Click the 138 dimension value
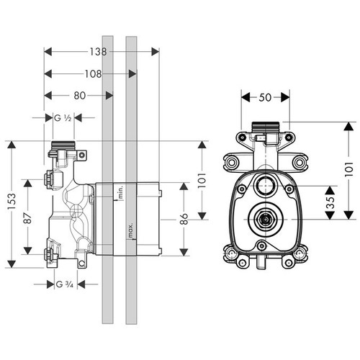pyautogui.click(x=100, y=52)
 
